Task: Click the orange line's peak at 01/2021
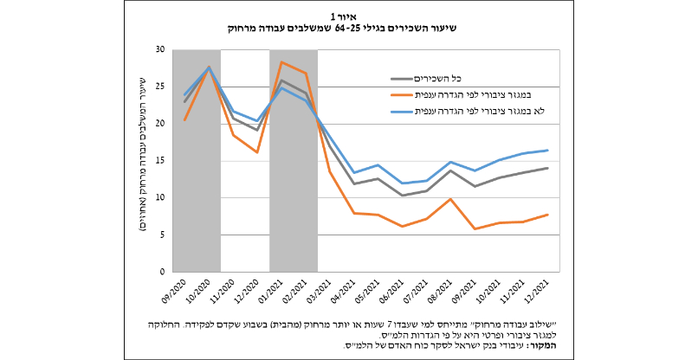click(282, 62)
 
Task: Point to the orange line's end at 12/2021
click(548, 215)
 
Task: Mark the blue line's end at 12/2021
click(548, 151)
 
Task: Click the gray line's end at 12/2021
click(548, 168)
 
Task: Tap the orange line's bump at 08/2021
click(451, 199)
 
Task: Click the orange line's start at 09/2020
click(185, 119)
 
